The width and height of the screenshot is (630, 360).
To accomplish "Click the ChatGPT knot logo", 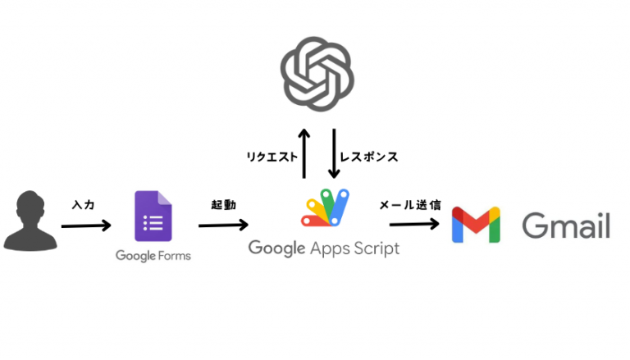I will [x=317, y=72].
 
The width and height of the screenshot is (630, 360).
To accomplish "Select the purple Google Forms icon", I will [x=153, y=216].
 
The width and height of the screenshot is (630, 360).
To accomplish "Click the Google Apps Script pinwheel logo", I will [x=326, y=208].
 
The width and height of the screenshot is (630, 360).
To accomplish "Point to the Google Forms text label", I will [x=153, y=256].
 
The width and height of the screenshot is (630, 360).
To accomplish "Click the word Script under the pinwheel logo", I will [x=372, y=248].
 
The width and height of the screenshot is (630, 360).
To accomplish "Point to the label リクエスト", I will [x=272, y=157].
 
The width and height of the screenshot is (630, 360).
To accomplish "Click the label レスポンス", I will [x=369, y=157].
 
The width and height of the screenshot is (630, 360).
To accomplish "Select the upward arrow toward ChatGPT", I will [x=304, y=153].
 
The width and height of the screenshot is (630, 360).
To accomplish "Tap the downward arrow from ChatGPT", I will [x=334, y=153].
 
